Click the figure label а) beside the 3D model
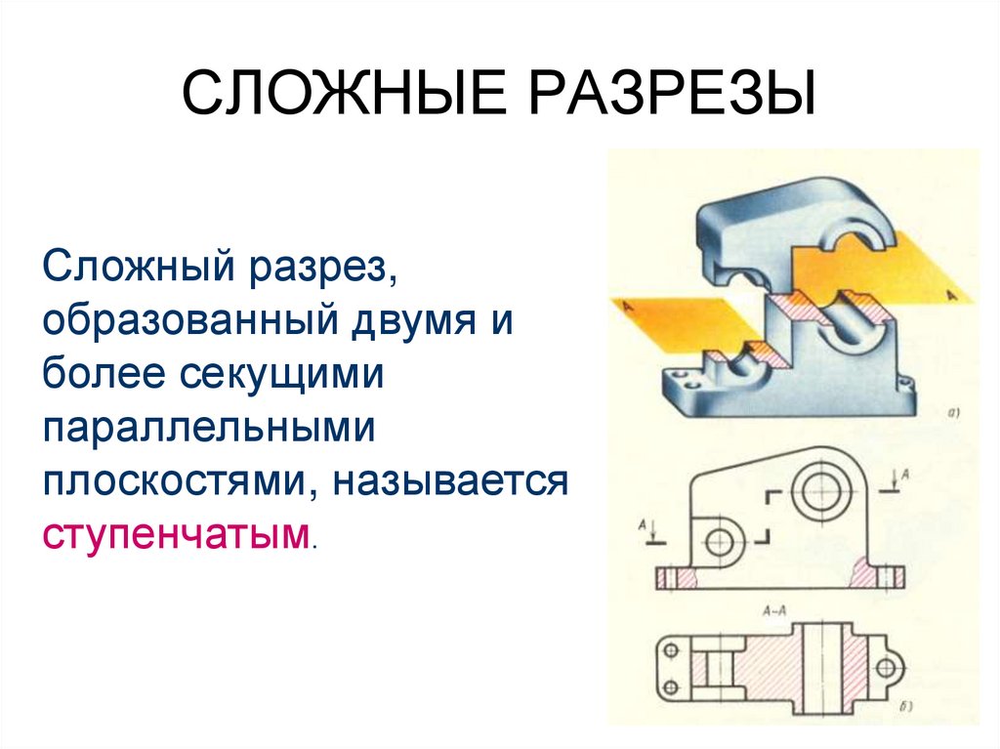tap(954, 412)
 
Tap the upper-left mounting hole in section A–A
tap(671, 651)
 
